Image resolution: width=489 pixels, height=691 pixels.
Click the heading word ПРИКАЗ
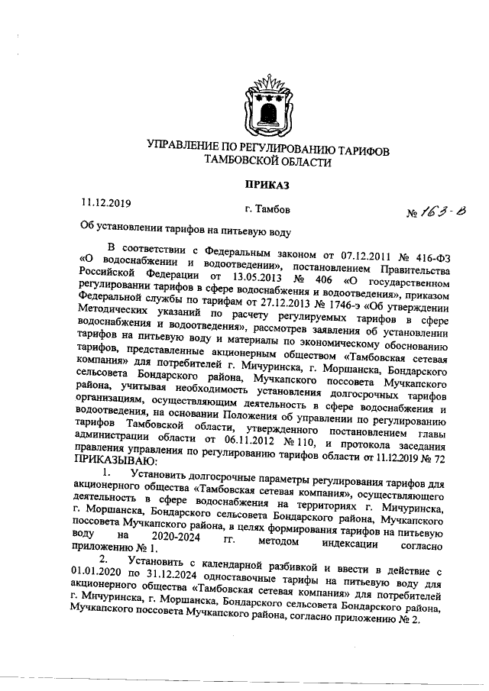coord(267,183)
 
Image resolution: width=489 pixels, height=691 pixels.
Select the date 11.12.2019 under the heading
coord(107,202)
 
